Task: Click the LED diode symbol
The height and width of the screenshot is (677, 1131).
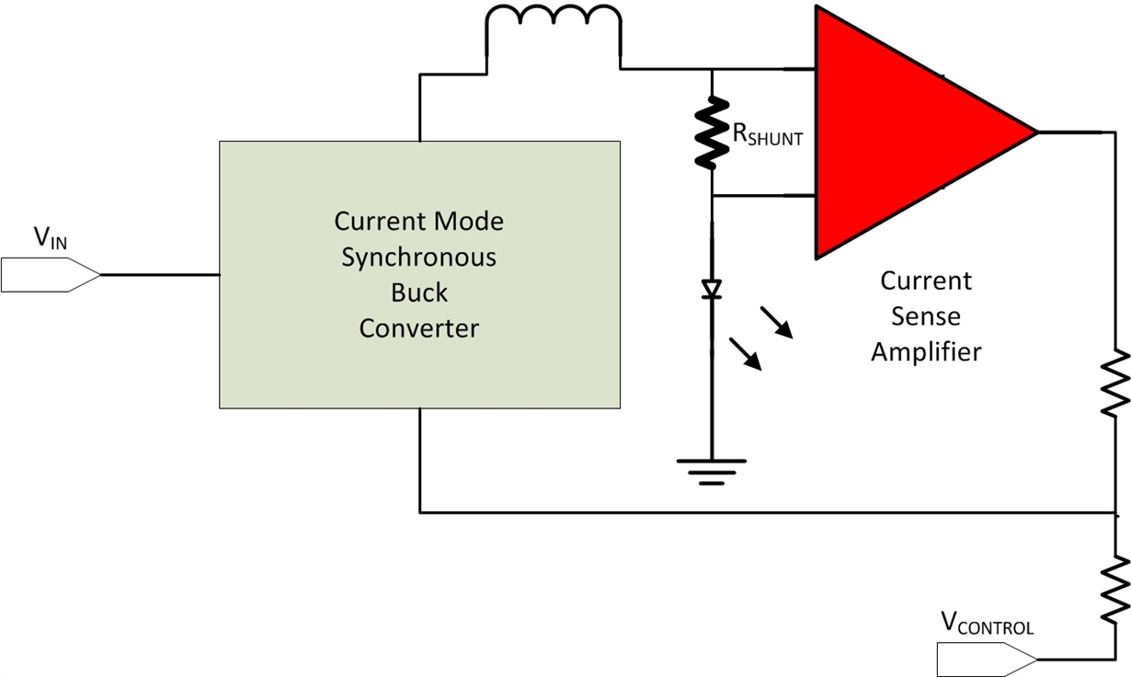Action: point(711,289)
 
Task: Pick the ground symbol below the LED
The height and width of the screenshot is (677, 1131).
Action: point(711,472)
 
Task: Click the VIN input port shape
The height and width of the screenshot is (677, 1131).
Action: point(51,275)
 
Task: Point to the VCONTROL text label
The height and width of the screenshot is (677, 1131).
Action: point(987,624)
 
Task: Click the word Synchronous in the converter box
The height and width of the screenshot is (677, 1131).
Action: point(418,258)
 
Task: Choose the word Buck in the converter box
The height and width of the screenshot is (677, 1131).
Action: point(419,293)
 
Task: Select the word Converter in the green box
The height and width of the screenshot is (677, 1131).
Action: point(419,328)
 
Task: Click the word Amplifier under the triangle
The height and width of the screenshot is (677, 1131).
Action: point(926,351)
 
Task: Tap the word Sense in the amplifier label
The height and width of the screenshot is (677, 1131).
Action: point(926,316)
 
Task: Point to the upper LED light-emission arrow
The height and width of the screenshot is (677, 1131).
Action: point(778,322)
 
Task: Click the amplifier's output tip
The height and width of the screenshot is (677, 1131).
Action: point(1036,132)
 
